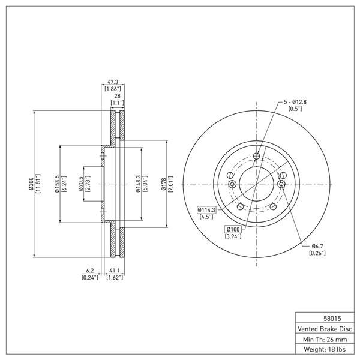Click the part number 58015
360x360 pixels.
(x=332, y=319)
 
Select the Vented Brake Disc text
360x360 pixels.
(x=325, y=329)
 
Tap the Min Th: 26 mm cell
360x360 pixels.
(x=325, y=340)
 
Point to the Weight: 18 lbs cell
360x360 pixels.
(x=325, y=349)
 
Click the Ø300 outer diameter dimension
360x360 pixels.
(x=31, y=184)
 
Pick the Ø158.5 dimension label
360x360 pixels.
(x=57, y=184)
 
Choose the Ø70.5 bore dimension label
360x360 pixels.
(x=80, y=184)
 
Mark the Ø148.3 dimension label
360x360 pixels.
(x=138, y=184)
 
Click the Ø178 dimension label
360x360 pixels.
(x=163, y=184)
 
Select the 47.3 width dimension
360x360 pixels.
(x=113, y=82)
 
